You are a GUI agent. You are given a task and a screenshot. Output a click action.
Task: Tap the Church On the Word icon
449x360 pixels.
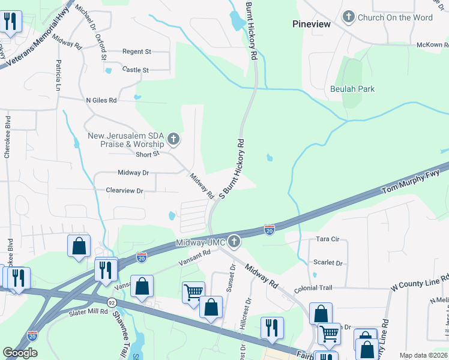(x=349, y=17)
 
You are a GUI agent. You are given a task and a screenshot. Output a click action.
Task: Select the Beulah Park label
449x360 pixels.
(x=352, y=89)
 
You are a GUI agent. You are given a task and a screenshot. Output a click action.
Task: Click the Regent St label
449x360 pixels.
(x=136, y=52)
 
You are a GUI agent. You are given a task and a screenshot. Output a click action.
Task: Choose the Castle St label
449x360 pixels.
(x=135, y=70)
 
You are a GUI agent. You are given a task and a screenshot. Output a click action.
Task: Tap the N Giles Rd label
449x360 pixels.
(x=101, y=100)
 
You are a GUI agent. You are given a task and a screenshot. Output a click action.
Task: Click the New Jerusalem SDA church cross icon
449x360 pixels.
(x=173, y=140)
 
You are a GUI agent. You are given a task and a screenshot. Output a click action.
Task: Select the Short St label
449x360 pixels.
(x=147, y=154)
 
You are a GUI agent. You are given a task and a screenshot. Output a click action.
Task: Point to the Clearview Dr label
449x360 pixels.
(x=124, y=191)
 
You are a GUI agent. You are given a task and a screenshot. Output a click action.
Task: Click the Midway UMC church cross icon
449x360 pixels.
(x=234, y=242)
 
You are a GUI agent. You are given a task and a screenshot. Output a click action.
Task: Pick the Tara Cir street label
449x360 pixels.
(x=328, y=239)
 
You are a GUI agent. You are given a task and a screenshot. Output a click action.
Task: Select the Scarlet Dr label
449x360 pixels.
(x=328, y=263)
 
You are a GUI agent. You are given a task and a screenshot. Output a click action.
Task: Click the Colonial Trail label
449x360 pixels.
(x=313, y=288)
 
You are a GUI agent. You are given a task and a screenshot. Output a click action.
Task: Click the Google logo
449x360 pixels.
(x=20, y=353)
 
